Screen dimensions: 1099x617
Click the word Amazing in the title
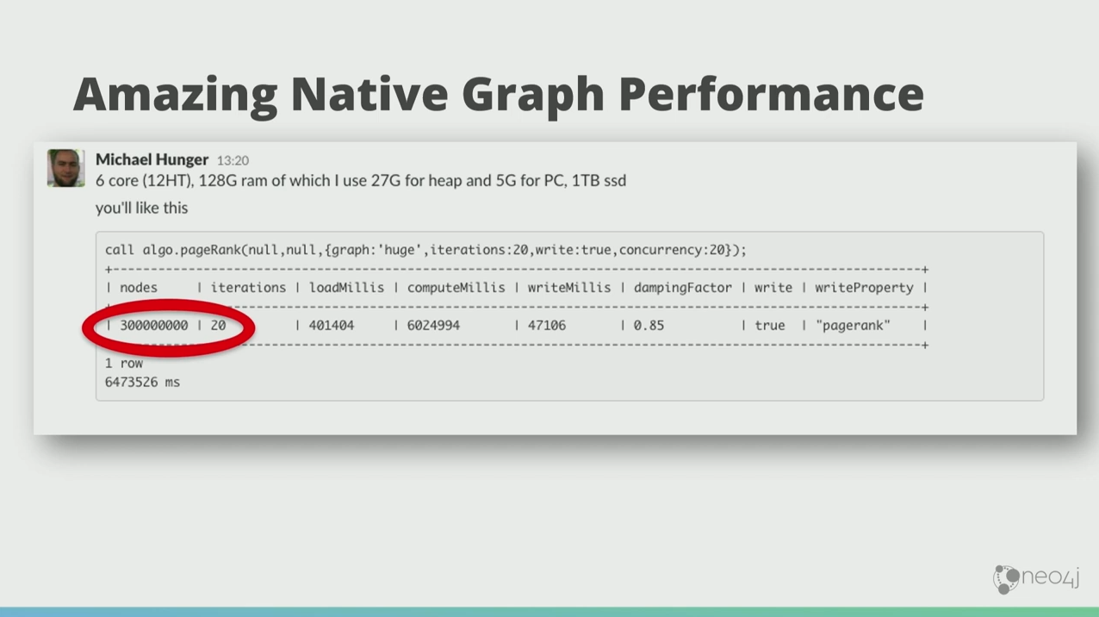pos(175,96)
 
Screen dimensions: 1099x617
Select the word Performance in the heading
pos(771,96)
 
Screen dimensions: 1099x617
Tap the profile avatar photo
pos(65,168)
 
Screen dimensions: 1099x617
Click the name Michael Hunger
pos(152,159)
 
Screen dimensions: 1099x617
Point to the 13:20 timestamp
pos(233,160)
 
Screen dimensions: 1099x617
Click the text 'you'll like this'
pos(142,209)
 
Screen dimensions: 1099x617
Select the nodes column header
pos(139,288)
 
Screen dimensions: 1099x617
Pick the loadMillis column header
pos(346,288)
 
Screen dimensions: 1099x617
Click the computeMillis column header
pos(456,288)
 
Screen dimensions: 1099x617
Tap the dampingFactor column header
pos(682,288)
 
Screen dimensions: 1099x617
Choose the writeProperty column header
pos(864,288)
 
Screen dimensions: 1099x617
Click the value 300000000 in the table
pos(154,326)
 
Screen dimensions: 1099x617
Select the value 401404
pos(332,326)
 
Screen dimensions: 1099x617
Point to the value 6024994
pos(433,326)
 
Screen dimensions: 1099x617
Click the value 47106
pos(547,326)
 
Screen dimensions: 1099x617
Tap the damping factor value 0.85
pos(649,326)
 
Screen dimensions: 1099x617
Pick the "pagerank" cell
pos(853,326)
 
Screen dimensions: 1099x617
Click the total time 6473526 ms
pos(142,383)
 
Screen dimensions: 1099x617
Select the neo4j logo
pos(1036,579)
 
